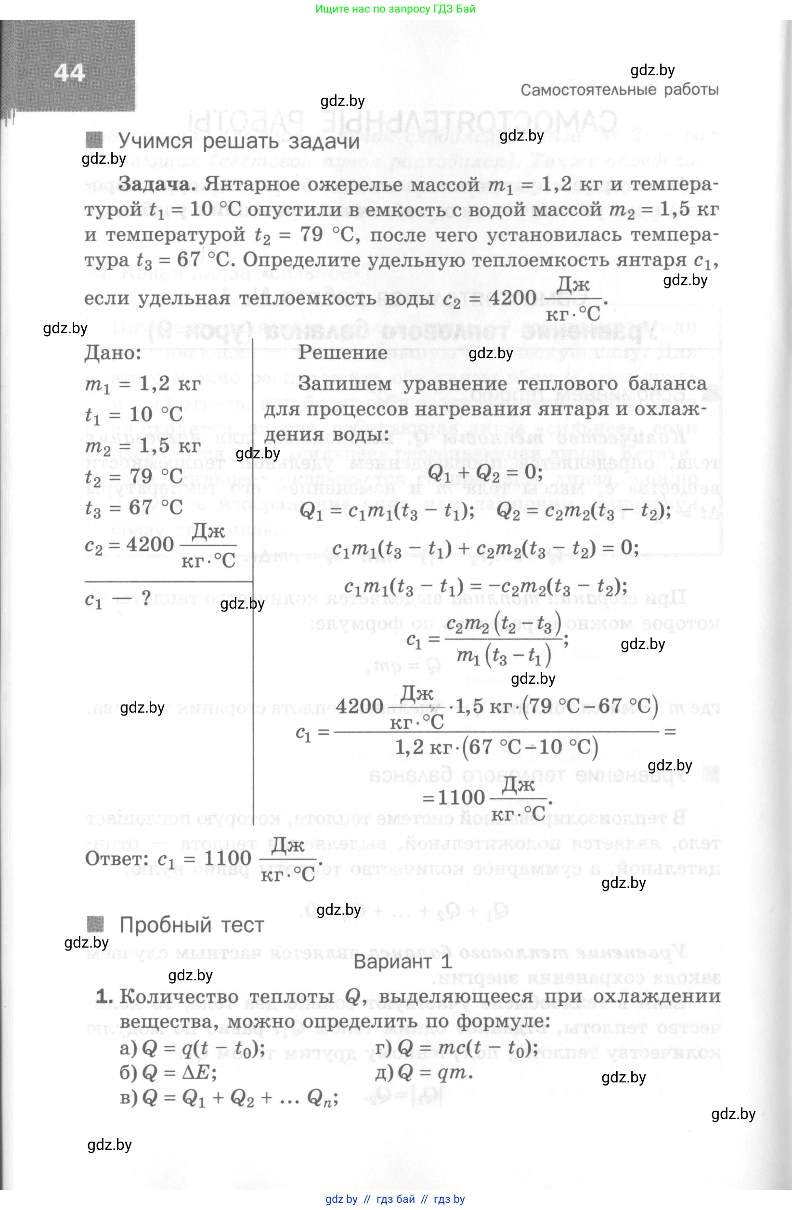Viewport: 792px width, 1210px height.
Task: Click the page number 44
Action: [69, 73]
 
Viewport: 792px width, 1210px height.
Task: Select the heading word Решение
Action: [342, 352]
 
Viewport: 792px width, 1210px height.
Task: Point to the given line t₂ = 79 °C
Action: [134, 476]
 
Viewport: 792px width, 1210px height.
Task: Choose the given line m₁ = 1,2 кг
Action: [143, 384]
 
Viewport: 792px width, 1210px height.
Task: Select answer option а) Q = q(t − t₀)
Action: [192, 1048]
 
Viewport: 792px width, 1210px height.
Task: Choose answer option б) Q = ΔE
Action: [168, 1073]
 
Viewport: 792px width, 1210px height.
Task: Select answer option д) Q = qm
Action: [424, 1072]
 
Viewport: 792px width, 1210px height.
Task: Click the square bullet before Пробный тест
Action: [95, 924]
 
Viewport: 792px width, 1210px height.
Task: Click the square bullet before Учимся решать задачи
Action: [94, 140]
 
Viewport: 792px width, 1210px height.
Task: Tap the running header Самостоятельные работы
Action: [619, 90]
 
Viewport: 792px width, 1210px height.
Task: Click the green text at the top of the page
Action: [395, 9]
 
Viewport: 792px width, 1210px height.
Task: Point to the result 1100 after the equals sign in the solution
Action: [461, 797]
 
